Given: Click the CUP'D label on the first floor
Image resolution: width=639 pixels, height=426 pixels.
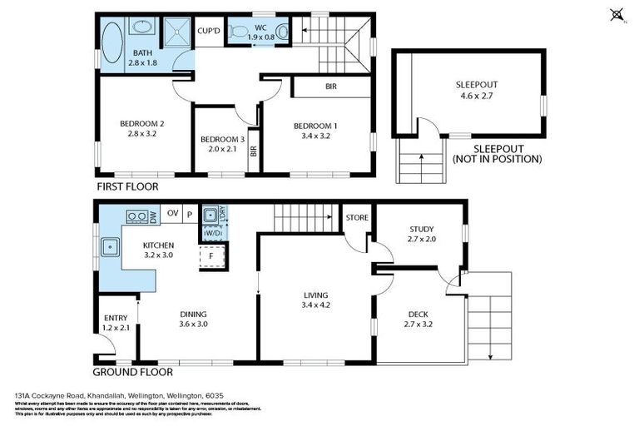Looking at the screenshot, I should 209,31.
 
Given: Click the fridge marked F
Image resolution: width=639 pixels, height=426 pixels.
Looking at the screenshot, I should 212,256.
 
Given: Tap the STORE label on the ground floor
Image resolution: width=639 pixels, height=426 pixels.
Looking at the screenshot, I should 358,219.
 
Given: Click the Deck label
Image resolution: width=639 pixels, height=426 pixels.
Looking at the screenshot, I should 418,314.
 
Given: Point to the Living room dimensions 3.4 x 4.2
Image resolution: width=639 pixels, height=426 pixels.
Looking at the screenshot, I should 315,305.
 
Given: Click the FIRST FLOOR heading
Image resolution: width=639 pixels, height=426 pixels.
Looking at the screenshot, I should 127,187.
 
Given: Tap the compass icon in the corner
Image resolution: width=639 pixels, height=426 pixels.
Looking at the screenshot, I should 617,14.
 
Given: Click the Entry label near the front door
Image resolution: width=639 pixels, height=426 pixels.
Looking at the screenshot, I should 115,318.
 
